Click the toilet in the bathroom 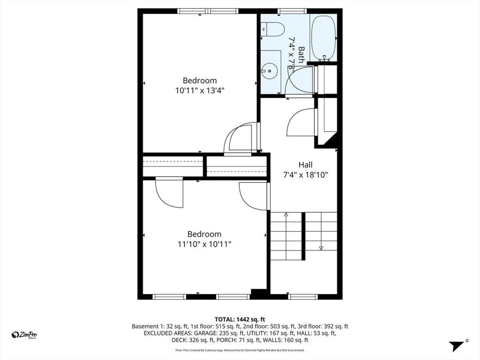[x=274, y=30]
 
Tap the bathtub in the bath [x=324, y=37]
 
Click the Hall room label [x=306, y=165]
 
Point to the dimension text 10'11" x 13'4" [x=200, y=91]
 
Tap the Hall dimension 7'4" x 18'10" [x=306, y=175]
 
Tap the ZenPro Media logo [x=24, y=335]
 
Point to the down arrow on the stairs [x=322, y=247]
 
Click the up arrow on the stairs [x=286, y=215]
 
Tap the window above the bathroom [x=292, y=11]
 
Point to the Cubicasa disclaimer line [x=240, y=350]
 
